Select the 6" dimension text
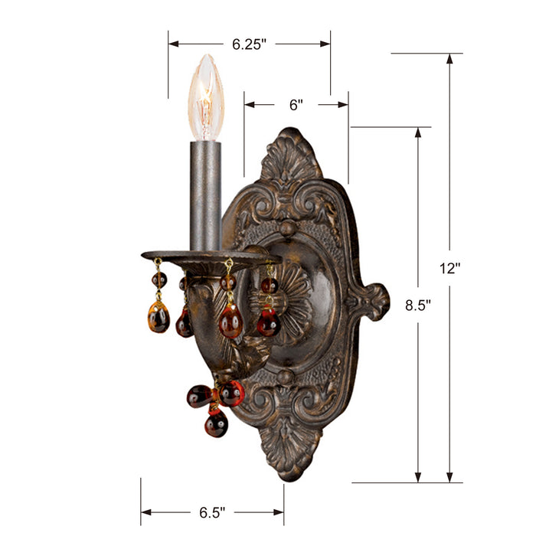(x=296, y=106)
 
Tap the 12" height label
(x=449, y=268)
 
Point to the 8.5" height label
(x=418, y=304)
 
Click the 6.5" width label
(x=212, y=511)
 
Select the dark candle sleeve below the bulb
(x=205, y=195)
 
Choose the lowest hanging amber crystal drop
(x=216, y=423)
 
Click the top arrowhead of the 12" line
(x=449, y=58)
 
